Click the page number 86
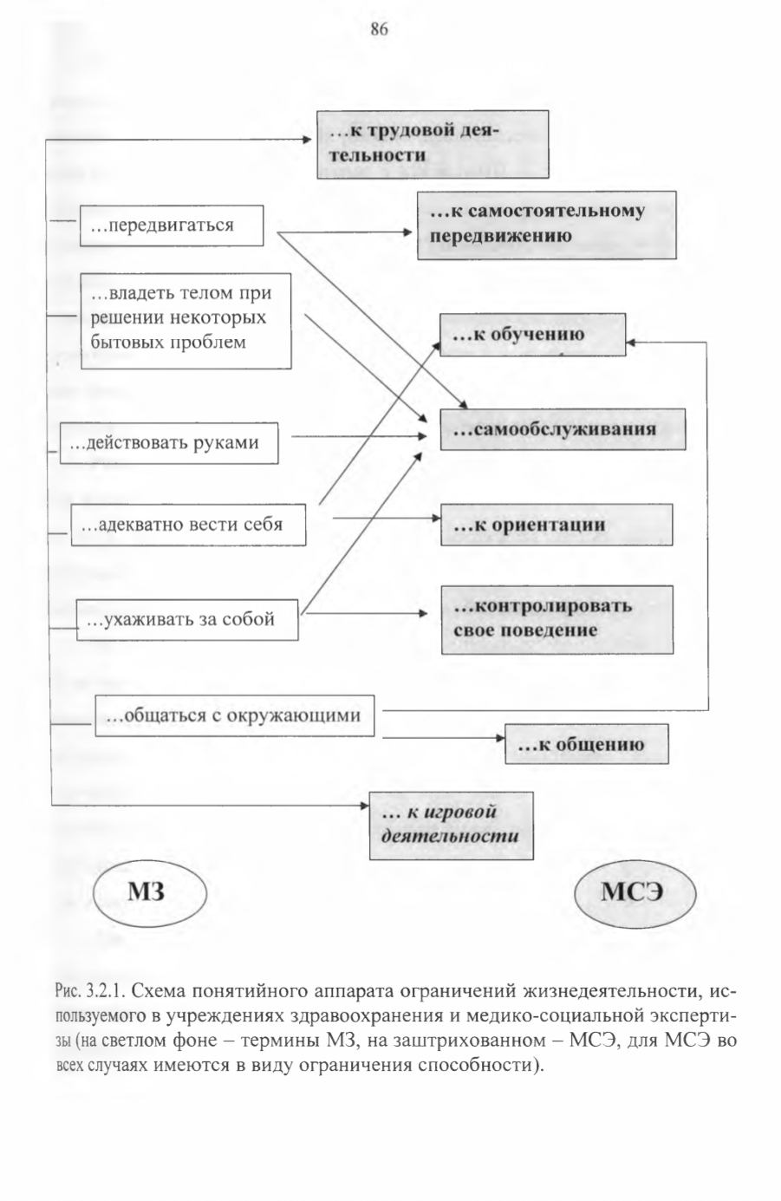pyautogui.click(x=379, y=29)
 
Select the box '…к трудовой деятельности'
pyautogui.click(x=433, y=144)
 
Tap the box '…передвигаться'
pyautogui.click(x=172, y=225)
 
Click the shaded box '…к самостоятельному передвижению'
pyautogui.click(x=547, y=225)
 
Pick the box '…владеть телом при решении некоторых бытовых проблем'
pyautogui.click(x=186, y=321)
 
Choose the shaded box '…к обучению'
pyautogui.click(x=533, y=335)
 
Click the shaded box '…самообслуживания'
pyautogui.click(x=563, y=429)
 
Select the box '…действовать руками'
pyautogui.click(x=169, y=443)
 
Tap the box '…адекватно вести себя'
pyautogui.click(x=188, y=525)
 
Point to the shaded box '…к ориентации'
pyautogui.click(x=556, y=525)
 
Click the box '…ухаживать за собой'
pyautogui.click(x=187, y=619)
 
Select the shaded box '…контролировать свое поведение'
pyautogui.click(x=557, y=619)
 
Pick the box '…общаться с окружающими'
pyautogui.click(x=234, y=715)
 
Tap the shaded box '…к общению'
pyautogui.click(x=587, y=744)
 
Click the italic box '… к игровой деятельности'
pyautogui.click(x=452, y=826)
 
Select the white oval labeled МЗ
pyautogui.click(x=150, y=892)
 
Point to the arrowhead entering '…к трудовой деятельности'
pyautogui.click(x=307, y=140)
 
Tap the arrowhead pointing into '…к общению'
pyautogui.click(x=500, y=738)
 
